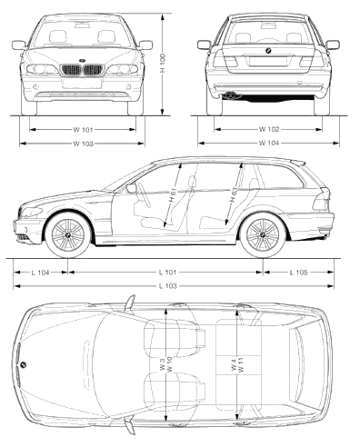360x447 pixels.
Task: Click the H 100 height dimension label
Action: coord(163,64)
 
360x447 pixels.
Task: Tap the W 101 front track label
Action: coord(83,130)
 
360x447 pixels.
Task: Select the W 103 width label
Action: coord(83,144)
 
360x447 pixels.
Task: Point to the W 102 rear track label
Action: coord(268,129)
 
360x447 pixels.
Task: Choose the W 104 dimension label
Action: coord(268,143)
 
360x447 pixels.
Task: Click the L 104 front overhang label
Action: coord(40,273)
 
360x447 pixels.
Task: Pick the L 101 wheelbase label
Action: coord(167,273)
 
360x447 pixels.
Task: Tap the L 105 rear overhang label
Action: coord(298,273)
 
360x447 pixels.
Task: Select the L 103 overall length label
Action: coord(167,286)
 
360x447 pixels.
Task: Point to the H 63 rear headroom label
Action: coord(234,195)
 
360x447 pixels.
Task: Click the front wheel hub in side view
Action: coord(68,235)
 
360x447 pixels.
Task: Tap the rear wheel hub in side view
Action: coord(263,235)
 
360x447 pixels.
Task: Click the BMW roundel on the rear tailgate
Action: coord(268,51)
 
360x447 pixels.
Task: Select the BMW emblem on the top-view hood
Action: coord(24,364)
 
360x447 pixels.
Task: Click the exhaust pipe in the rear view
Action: coord(231,95)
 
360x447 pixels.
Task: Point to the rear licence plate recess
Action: coord(267,62)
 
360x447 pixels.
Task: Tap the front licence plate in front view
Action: coord(82,84)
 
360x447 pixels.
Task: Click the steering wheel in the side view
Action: coord(145,194)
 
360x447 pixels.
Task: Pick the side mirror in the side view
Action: coord(132,188)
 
